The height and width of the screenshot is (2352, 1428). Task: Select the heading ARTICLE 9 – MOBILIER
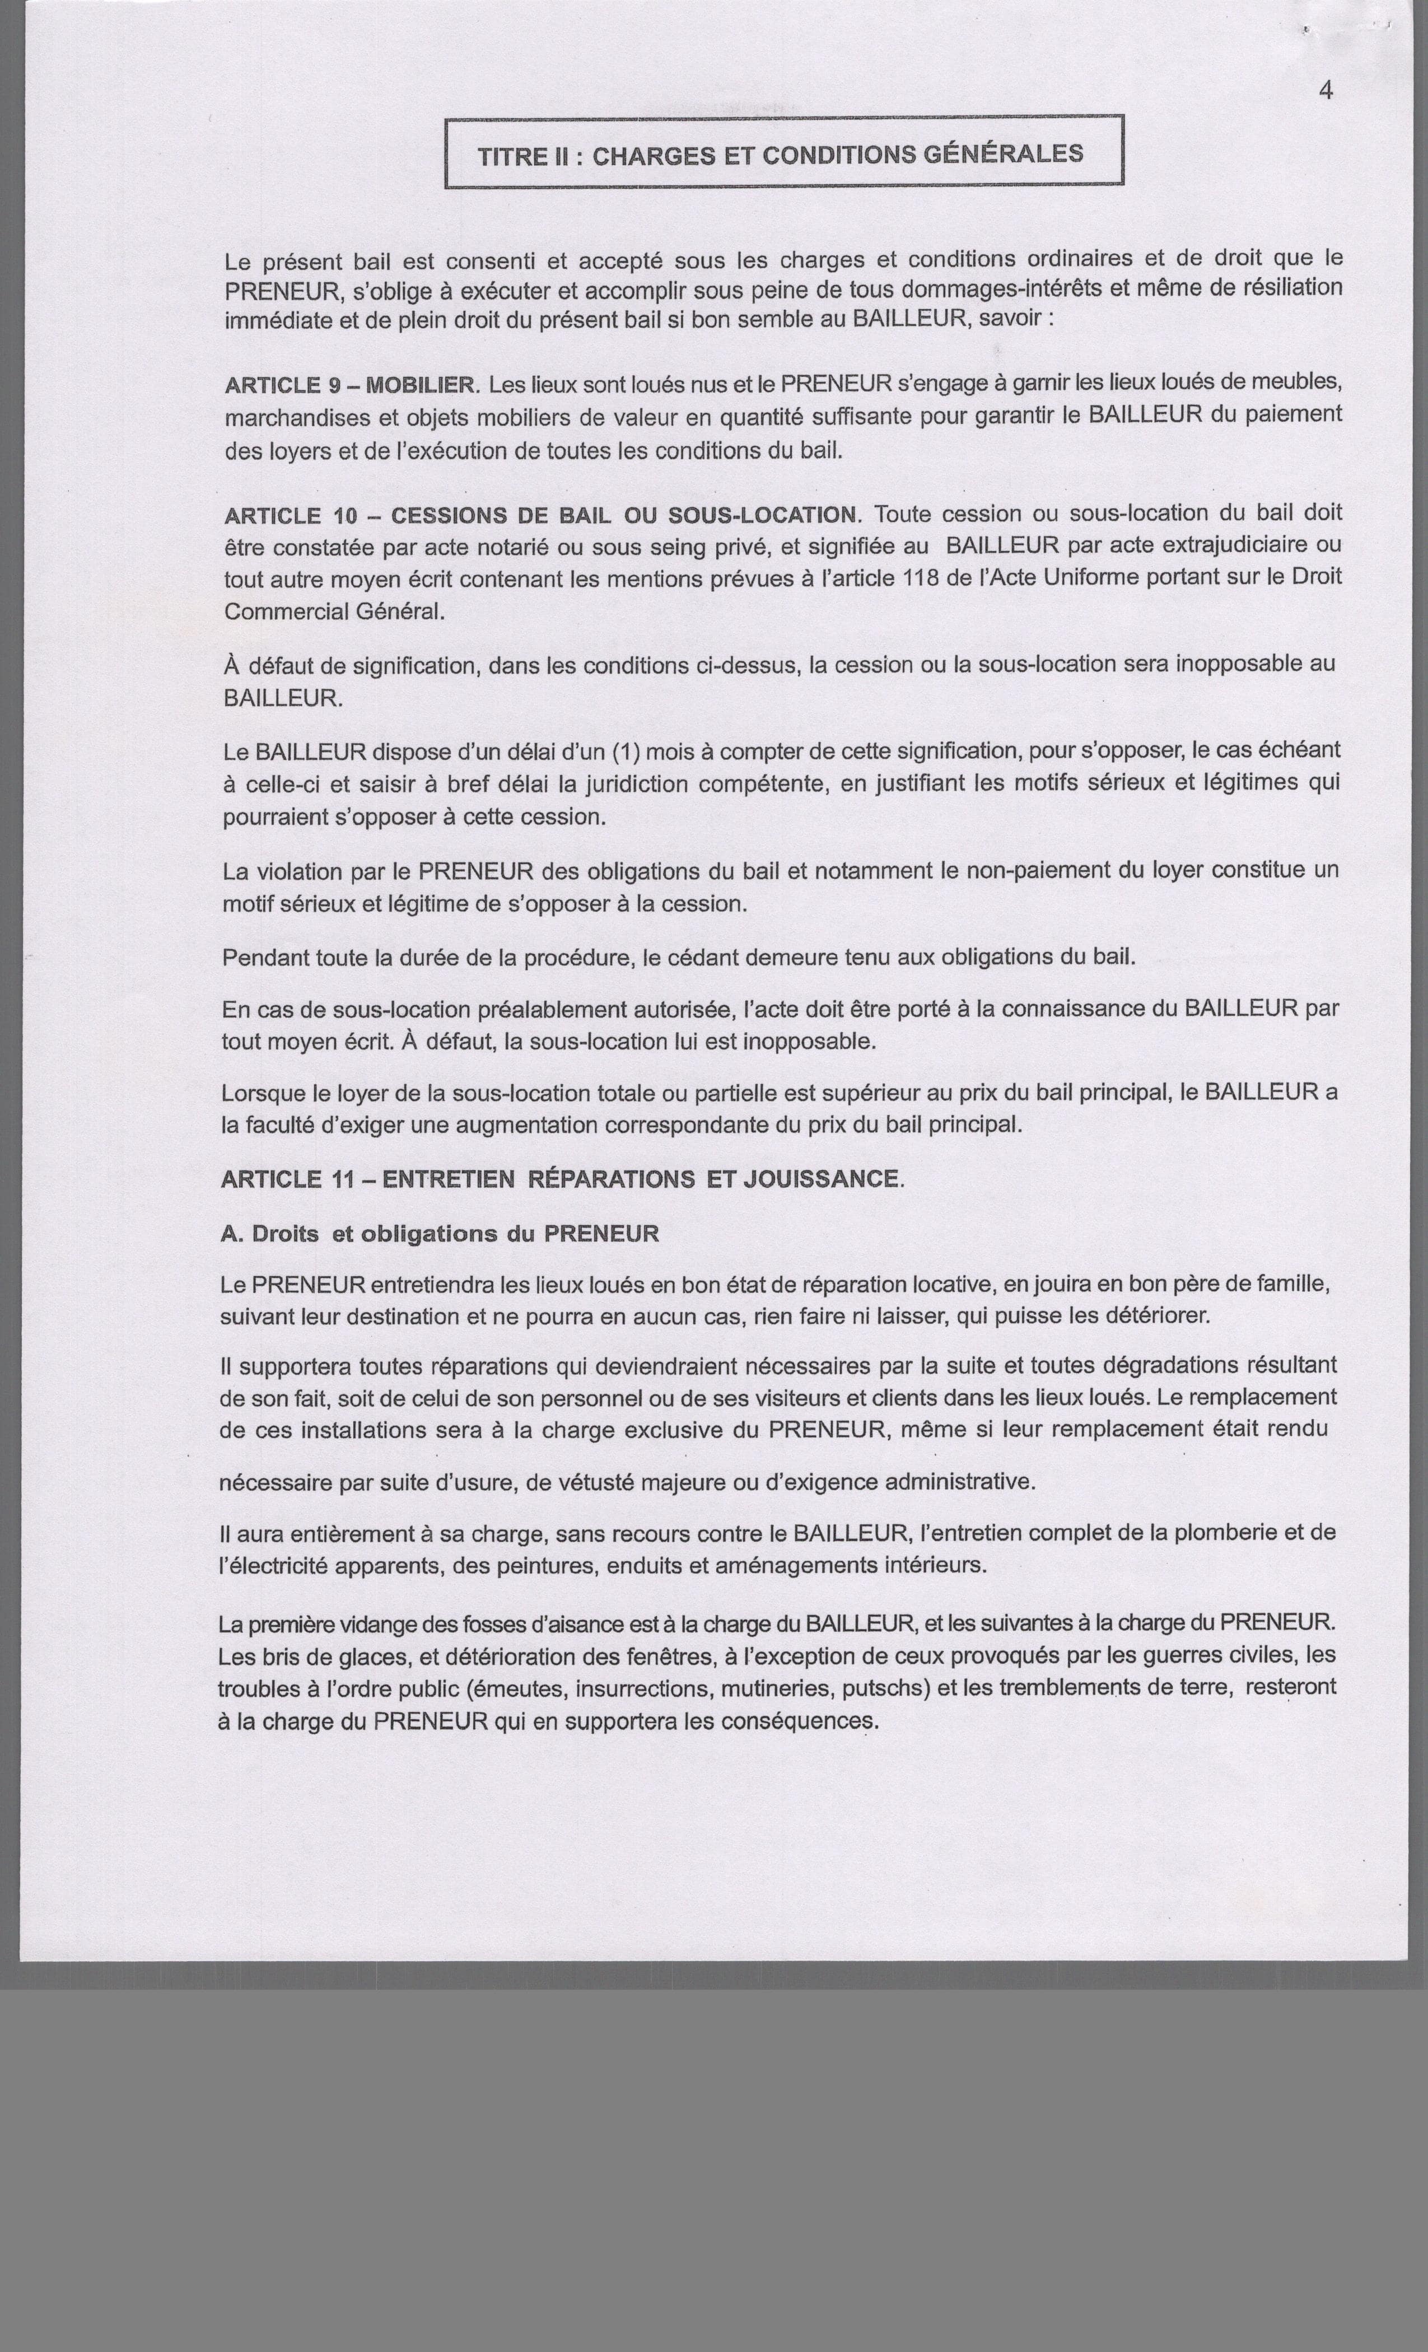click(x=349, y=386)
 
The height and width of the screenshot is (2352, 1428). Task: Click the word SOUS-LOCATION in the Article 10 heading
click(x=761, y=515)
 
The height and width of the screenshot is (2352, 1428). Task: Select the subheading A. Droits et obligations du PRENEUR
click(x=439, y=1233)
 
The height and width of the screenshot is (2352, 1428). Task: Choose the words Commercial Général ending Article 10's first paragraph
click(x=334, y=611)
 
